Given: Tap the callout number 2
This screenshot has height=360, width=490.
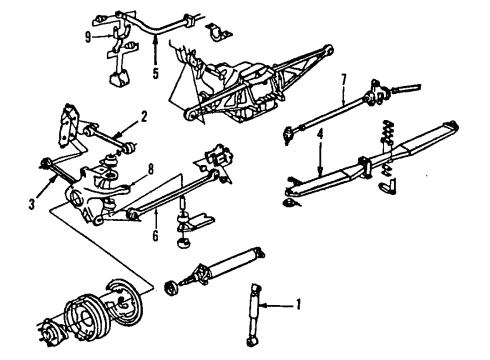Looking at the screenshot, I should click(144, 116).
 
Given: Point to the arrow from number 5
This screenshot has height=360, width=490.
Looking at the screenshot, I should click(156, 50).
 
